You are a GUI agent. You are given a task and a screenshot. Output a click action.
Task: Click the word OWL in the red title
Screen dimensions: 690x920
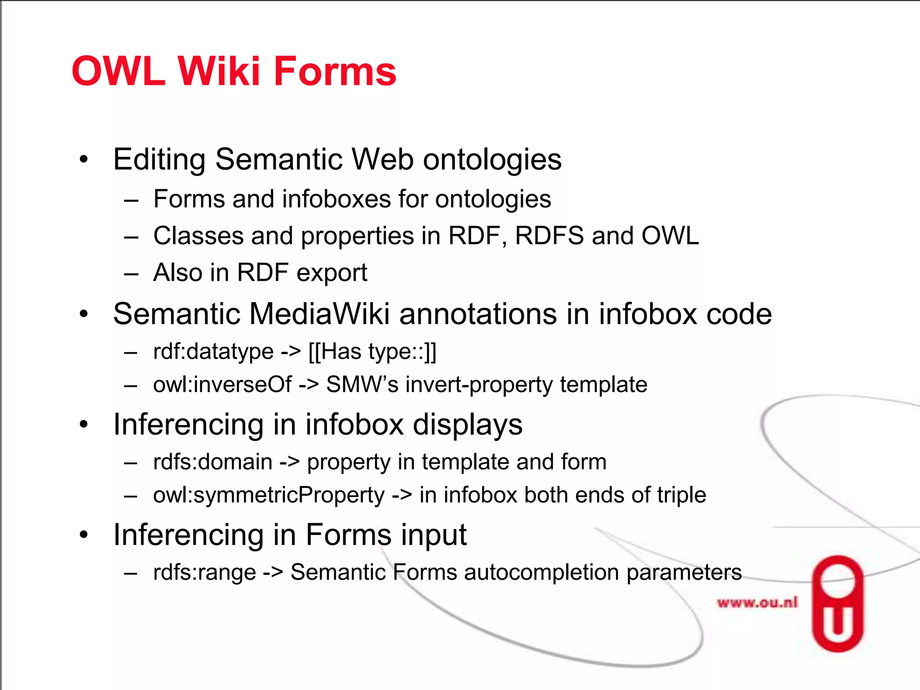coord(118,71)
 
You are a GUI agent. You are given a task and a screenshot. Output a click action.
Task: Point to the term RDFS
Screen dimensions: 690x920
coord(549,236)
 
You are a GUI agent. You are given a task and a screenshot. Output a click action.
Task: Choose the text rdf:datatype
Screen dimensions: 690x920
coord(213,351)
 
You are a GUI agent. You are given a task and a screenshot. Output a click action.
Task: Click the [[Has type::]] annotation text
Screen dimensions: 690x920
coord(372,351)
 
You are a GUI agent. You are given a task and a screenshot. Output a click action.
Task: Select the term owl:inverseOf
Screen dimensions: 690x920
coord(222,385)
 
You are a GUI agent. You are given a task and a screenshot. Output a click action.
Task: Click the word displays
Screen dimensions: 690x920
coord(467,425)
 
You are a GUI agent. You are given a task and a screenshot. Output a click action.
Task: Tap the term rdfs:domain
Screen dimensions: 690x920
coord(213,462)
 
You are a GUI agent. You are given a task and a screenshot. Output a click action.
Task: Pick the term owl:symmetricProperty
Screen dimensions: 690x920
coord(269,495)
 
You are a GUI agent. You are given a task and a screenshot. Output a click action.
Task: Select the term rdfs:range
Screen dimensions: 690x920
coord(204,572)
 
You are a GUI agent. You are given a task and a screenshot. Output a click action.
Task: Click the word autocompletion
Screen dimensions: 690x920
coord(541,572)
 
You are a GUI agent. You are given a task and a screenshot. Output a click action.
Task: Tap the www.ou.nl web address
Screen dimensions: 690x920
coord(757,602)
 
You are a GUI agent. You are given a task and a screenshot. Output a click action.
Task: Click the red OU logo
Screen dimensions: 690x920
coord(837,604)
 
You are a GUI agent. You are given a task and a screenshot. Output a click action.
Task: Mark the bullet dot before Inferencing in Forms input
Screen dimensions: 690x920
coord(84,535)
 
